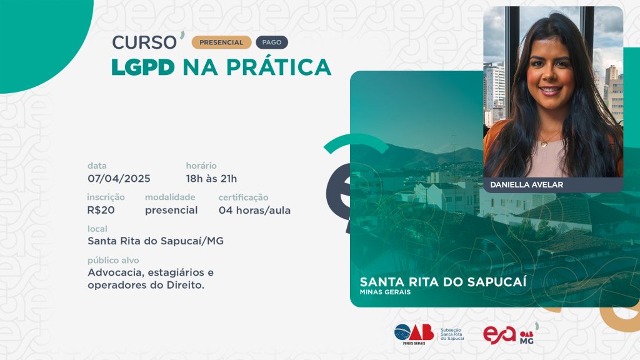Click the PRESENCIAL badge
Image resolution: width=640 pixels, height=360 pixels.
click(x=221, y=42)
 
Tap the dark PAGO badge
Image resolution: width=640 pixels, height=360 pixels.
click(x=272, y=42)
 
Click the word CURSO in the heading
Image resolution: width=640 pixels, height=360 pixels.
click(x=144, y=42)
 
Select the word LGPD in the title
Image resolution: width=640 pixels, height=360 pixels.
click(x=143, y=67)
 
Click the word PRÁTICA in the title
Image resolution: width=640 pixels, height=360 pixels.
click(x=279, y=66)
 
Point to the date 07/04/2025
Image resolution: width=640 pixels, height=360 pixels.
click(x=119, y=179)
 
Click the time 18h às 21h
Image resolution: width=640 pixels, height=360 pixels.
click(x=211, y=179)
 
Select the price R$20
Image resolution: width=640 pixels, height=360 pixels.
click(x=101, y=210)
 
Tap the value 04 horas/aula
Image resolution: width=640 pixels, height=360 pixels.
click(x=255, y=210)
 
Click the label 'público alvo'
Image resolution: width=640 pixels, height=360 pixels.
click(x=113, y=261)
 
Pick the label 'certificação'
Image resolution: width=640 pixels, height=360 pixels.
click(x=243, y=197)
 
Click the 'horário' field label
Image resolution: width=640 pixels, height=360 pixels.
click(x=201, y=166)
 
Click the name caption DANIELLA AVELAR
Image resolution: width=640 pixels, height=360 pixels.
click(x=526, y=185)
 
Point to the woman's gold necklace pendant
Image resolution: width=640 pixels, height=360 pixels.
click(x=544, y=143)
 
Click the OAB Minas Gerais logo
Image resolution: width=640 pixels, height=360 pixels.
click(x=414, y=334)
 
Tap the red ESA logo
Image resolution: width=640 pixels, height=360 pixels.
click(x=499, y=335)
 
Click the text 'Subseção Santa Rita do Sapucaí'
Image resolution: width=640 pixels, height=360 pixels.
click(x=452, y=334)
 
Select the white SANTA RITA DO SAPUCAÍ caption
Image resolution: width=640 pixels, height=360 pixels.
click(x=443, y=282)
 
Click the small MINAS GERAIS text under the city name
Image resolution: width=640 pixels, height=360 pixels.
click(x=385, y=292)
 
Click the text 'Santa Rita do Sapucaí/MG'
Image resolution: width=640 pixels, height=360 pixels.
click(x=156, y=241)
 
